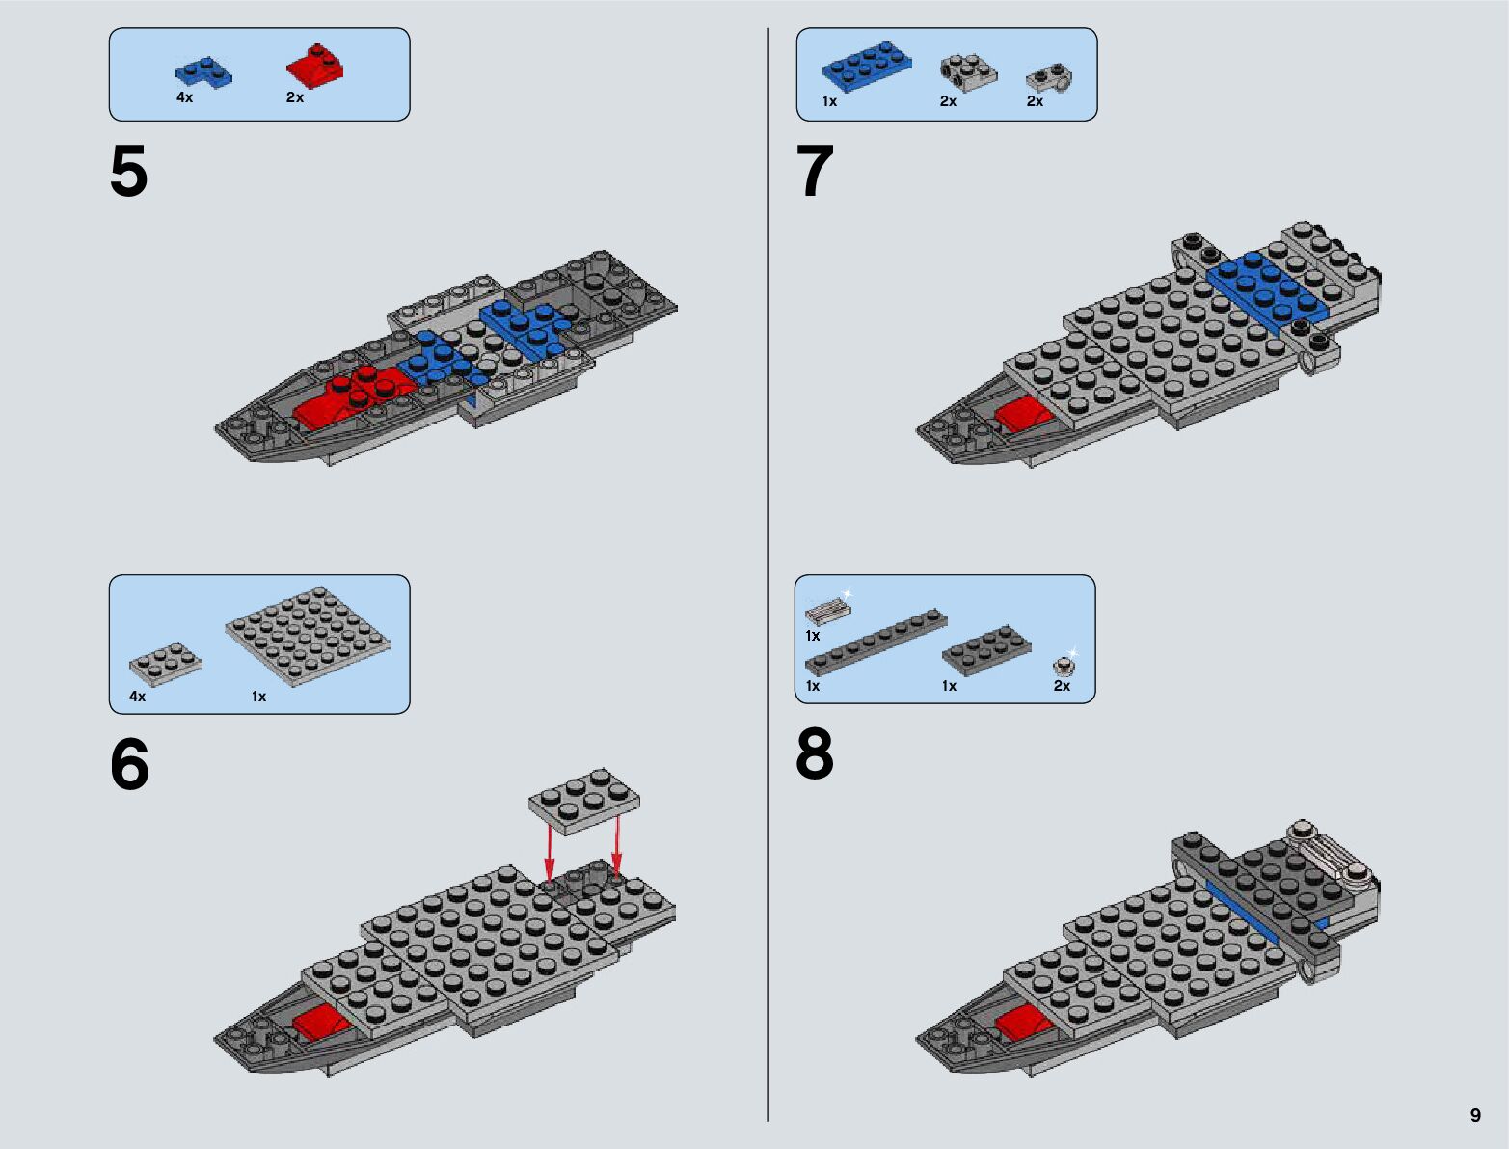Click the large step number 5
(x=129, y=173)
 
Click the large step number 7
(x=815, y=173)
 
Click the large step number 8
(x=815, y=754)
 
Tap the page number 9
(x=1475, y=1115)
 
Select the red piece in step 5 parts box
(x=315, y=67)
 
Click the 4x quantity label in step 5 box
(x=184, y=97)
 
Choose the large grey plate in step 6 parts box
(x=308, y=636)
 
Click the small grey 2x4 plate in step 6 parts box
(x=166, y=664)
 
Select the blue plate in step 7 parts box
(x=867, y=68)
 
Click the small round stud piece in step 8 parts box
(x=1064, y=665)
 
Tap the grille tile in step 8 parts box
(x=828, y=611)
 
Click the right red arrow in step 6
(x=617, y=845)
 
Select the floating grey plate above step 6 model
(x=584, y=800)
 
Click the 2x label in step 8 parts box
(x=1062, y=686)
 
